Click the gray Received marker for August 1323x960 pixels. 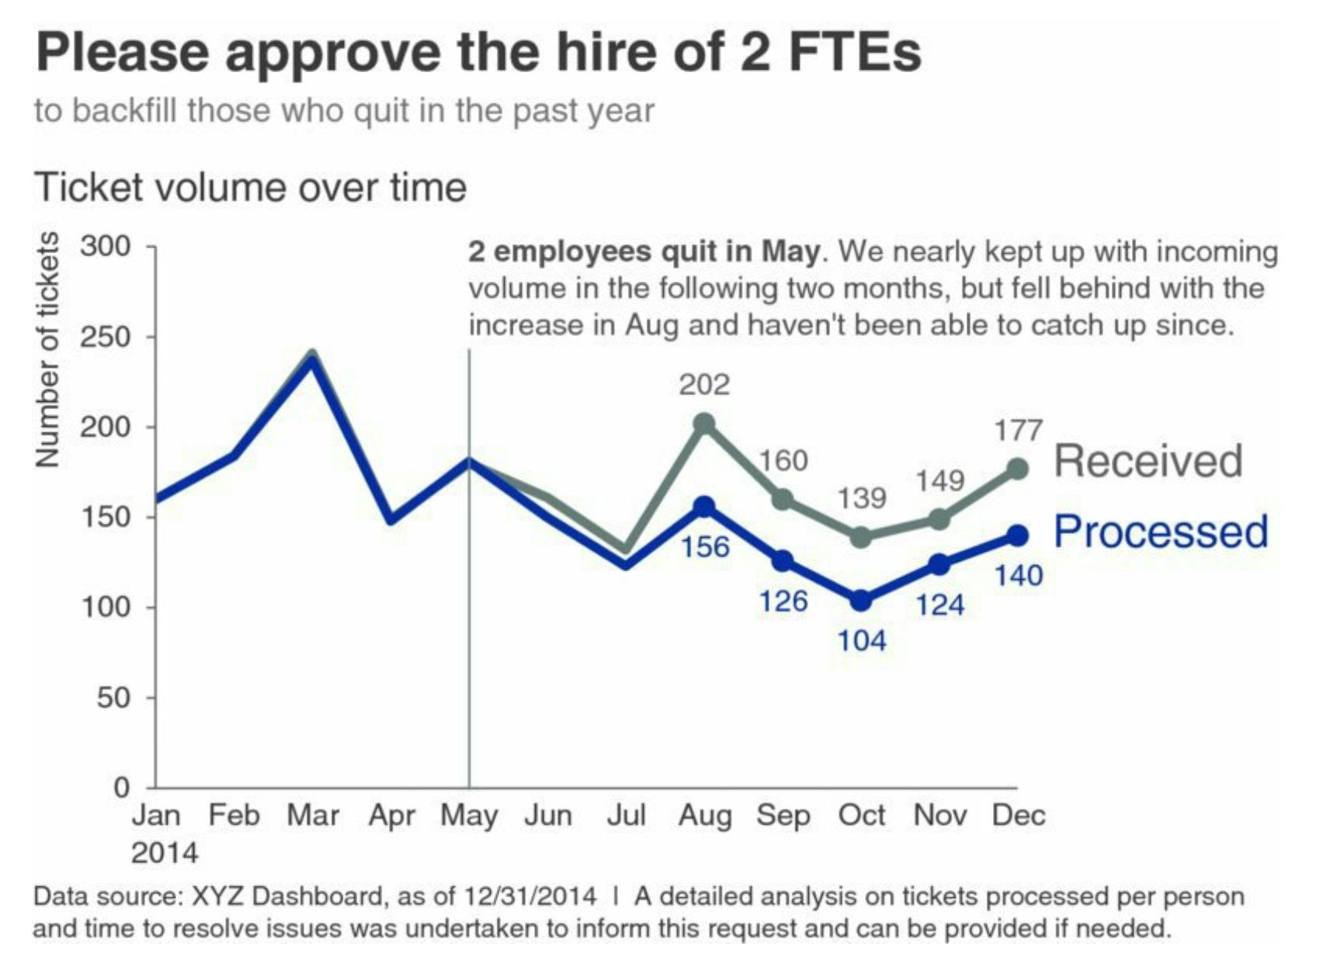(704, 424)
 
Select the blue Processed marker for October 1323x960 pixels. (860, 601)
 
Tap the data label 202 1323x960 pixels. (704, 384)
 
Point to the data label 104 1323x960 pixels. (862, 641)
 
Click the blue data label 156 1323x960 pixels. (705, 547)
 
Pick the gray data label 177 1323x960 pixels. (1019, 429)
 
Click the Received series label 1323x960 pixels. (1148, 461)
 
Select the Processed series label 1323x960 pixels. (1160, 532)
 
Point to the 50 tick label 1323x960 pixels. (113, 698)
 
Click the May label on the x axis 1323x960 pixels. (469, 816)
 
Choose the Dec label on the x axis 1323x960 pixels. (1018, 816)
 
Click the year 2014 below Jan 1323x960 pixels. (165, 853)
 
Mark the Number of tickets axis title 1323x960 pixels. (47, 350)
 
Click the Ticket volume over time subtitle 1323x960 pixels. (250, 188)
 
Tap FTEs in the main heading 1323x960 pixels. (853, 53)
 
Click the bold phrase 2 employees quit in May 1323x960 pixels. (644, 251)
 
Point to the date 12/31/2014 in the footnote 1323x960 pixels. (530, 896)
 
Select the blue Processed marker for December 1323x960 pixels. (1017, 535)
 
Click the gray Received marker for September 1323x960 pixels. (783, 499)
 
